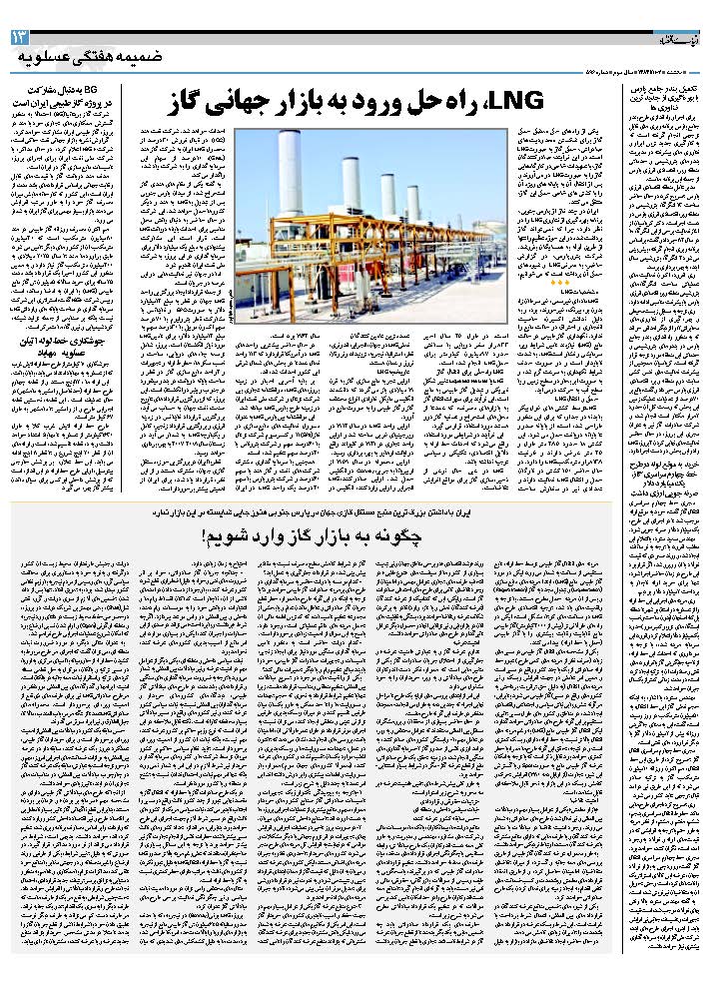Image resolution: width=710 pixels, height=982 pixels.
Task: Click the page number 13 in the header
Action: point(19,37)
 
